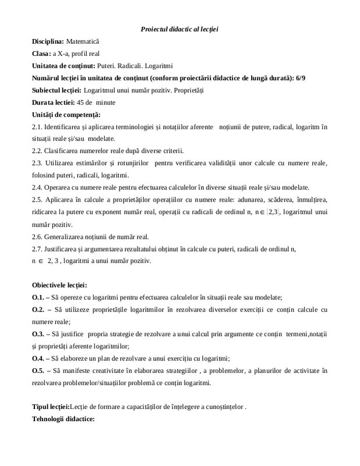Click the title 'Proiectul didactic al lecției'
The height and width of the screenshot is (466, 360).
pyautogui.click(x=179, y=29)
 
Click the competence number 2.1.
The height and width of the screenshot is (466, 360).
pyautogui.click(x=36, y=126)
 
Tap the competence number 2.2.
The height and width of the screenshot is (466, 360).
pyautogui.click(x=36, y=151)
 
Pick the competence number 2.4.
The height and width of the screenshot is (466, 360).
pyautogui.click(x=36, y=187)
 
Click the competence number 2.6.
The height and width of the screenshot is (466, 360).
pyautogui.click(x=36, y=236)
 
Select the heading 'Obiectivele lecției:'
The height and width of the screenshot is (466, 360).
pyautogui.click(x=59, y=285)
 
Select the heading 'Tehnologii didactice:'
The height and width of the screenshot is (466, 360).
pyautogui.click(x=63, y=419)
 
